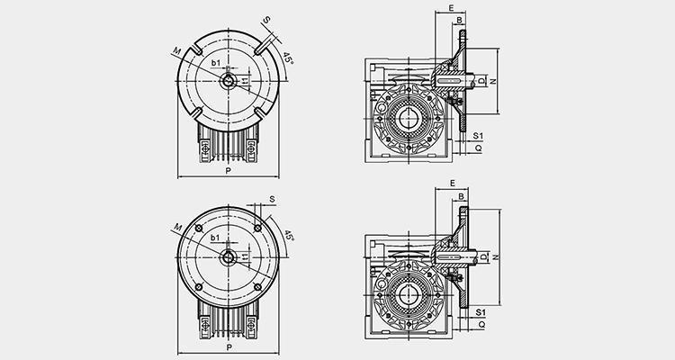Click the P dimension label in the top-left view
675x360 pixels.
[229, 170]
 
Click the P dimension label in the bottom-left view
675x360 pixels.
[229, 347]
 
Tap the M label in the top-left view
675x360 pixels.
[177, 51]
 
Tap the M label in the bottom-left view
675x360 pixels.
[178, 227]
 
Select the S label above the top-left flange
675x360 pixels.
[267, 20]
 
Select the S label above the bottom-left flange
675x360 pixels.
[272, 200]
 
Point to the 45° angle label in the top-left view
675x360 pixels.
[288, 58]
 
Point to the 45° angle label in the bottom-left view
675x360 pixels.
[289, 236]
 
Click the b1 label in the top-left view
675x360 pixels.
[216, 63]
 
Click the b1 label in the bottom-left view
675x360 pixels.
[215, 238]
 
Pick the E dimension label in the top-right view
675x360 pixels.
[451, 8]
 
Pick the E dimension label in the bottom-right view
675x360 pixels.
[452, 184]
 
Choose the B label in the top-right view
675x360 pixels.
[459, 20]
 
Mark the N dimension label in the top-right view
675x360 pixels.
[493, 81]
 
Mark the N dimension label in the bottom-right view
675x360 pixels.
[496, 257]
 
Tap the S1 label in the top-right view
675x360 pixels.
[478, 136]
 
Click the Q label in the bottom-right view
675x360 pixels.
[481, 324]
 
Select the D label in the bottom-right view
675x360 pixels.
[483, 257]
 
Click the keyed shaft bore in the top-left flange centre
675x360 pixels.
[229, 81]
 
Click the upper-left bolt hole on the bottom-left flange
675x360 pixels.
[199, 229]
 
